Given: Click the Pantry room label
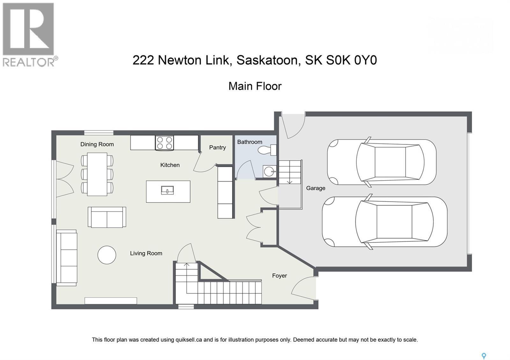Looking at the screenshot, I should pos(217,148).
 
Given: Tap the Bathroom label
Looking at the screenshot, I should pos(250,142).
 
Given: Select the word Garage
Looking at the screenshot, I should pos(316,188).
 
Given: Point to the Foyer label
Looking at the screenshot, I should pos(279,276).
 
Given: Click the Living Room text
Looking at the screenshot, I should pos(146,254).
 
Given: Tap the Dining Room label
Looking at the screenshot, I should pos(97,144).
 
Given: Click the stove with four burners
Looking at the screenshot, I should pos(164,143).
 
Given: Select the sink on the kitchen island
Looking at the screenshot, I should pos(167,191).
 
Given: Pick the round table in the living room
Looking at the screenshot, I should pos(107,255).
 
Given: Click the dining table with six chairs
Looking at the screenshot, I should pos(97,174).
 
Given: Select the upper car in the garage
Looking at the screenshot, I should pos(382,162).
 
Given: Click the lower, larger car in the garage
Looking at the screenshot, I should pos(384,222).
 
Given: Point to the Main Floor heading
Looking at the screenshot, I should pos(255,86).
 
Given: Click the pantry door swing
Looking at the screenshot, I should pos(203,162).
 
